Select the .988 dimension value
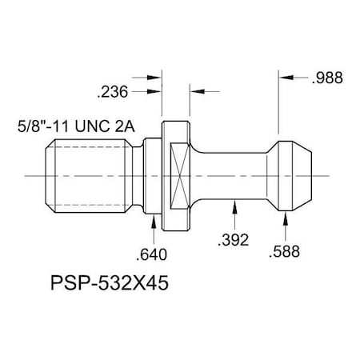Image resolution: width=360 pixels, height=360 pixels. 329,78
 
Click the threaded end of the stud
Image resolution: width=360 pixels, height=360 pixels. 91,174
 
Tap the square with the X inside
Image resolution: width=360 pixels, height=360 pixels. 182,174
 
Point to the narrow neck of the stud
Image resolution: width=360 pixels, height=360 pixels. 232,174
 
